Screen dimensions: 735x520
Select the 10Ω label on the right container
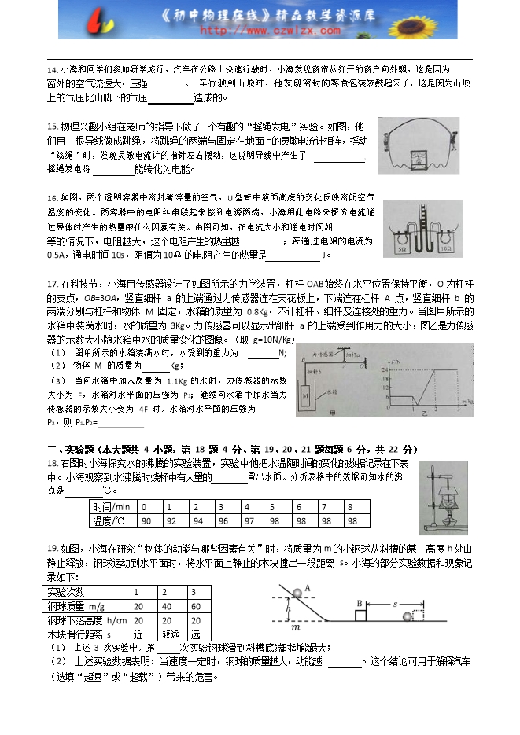click(445, 248)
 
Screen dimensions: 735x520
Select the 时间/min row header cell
click(112, 506)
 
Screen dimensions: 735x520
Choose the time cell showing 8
click(355, 506)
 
